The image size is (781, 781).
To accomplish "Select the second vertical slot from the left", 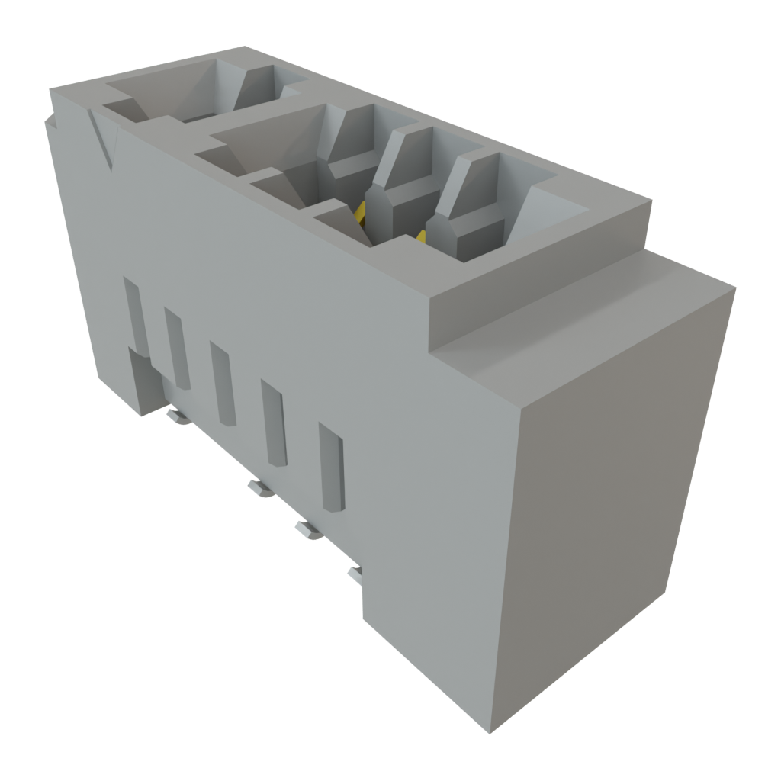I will coord(176,347).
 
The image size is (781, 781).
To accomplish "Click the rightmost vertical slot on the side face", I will coord(332,467).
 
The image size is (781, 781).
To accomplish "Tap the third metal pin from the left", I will coord(308,529).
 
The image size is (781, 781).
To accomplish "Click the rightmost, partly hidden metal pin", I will coord(355,573).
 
